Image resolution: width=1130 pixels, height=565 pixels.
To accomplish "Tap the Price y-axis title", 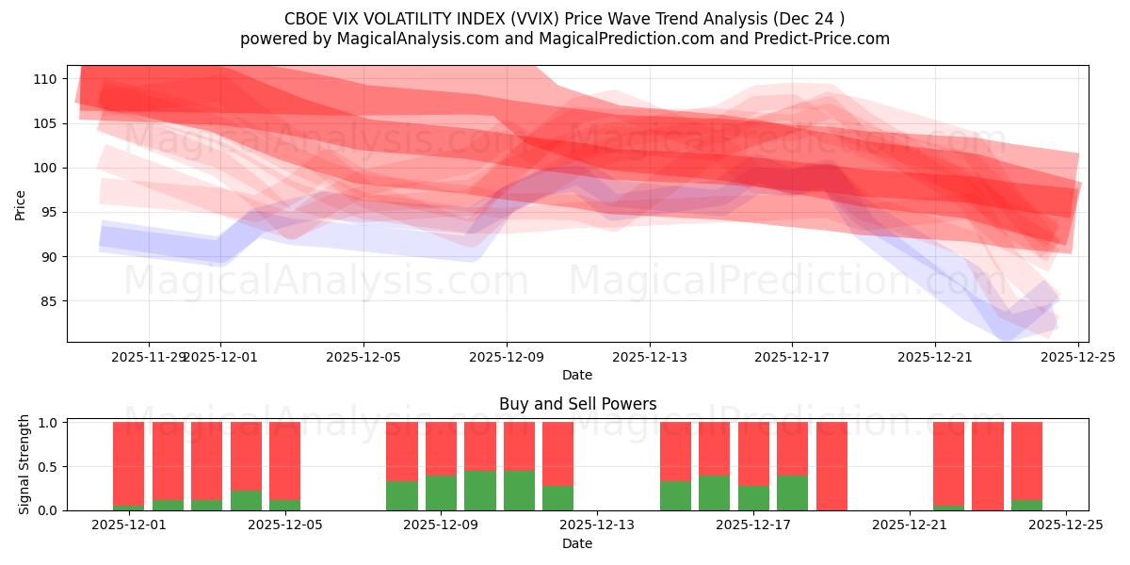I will [21, 203].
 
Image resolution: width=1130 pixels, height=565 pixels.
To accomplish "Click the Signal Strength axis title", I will [24, 463].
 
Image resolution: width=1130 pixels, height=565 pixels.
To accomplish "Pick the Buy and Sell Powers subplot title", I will [577, 404].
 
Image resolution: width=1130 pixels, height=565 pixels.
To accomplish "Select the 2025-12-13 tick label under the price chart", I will [649, 357].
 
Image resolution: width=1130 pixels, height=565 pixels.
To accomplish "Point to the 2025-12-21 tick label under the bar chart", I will [910, 525].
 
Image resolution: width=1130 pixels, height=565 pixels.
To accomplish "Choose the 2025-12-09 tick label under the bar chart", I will [441, 525].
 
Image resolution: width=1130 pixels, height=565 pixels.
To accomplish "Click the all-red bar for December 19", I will [831, 466].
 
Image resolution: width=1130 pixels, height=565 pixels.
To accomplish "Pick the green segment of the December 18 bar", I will [793, 492].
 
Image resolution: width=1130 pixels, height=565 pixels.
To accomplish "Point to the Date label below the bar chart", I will [577, 543].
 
